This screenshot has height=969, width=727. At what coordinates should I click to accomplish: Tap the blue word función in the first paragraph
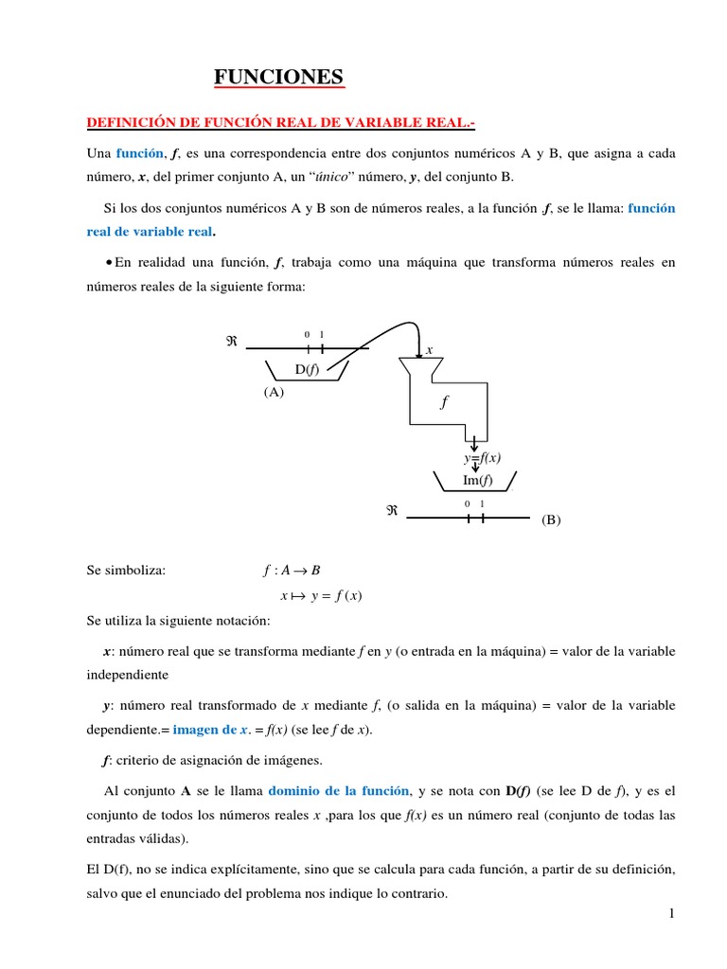point(140,153)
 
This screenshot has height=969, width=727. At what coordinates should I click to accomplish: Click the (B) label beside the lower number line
point(551,520)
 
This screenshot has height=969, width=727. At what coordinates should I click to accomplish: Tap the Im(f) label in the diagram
point(477,480)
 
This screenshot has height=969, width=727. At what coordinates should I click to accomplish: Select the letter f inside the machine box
point(442,402)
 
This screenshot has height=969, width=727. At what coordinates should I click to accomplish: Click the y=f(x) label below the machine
point(482,458)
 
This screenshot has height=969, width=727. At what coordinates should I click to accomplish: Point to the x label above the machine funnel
point(429,350)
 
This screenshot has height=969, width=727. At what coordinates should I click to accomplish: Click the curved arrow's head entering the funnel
point(418,351)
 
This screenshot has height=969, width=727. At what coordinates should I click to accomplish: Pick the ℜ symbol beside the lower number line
point(391,511)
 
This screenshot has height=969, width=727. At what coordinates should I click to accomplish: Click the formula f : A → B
point(292,570)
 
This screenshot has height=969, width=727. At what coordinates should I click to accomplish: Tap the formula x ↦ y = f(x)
point(321,596)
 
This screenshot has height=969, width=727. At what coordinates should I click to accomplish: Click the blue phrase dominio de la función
point(340,791)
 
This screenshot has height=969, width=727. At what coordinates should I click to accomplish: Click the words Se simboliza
point(125,570)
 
